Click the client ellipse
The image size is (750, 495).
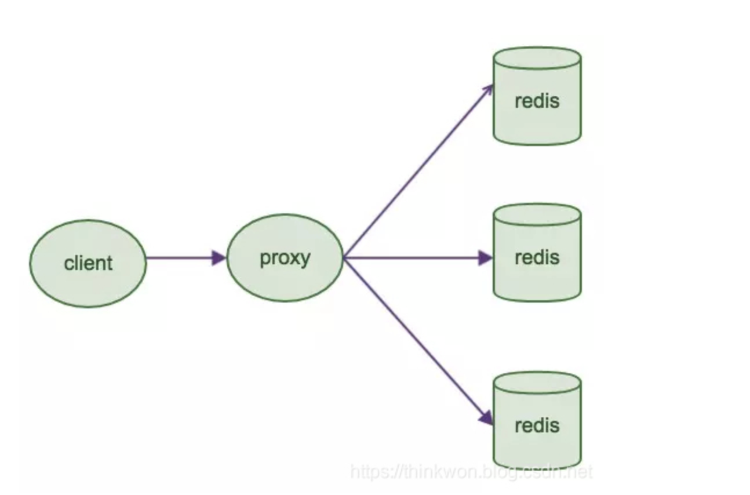pos(88,264)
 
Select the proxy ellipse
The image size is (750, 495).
pos(285,258)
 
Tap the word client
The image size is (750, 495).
pos(88,263)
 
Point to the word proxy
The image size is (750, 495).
pos(285,259)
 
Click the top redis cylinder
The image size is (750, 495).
pos(537,96)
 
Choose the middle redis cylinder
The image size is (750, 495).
pos(537,253)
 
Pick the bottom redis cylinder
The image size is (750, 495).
pos(537,421)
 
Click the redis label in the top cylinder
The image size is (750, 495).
pos(537,101)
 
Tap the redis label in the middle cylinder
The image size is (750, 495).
pos(537,257)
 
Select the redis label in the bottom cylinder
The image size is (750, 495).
pos(537,425)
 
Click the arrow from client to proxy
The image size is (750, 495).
pos(186,258)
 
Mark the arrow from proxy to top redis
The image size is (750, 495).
pos(418,171)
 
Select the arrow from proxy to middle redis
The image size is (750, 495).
pos(418,258)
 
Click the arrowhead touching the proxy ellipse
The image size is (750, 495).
pos(219,258)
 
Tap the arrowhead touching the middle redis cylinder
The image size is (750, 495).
pos(486,258)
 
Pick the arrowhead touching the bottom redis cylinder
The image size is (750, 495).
pos(487,418)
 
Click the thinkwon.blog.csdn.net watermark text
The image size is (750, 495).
pos(471,472)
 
